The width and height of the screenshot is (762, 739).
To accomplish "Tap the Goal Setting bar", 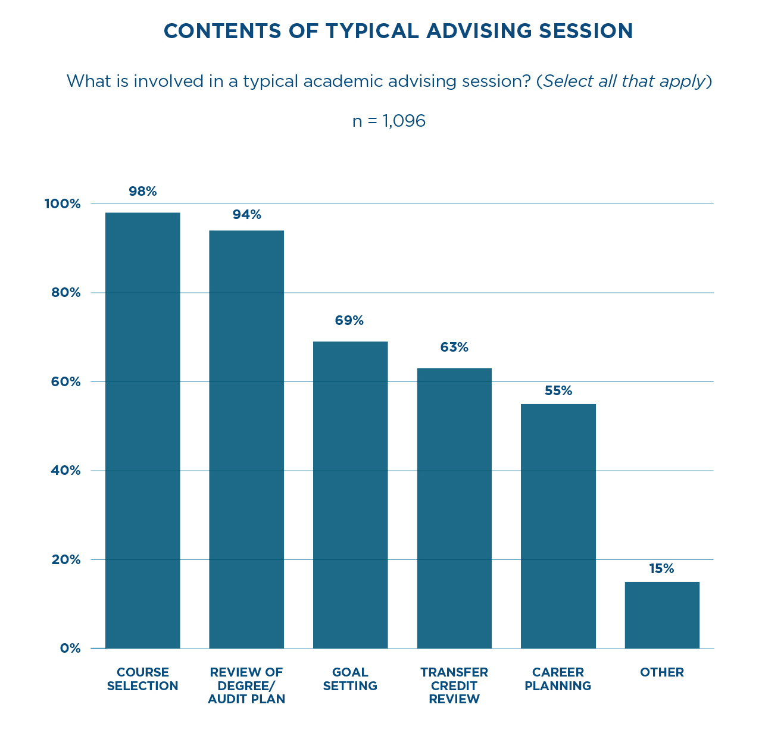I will point(350,494).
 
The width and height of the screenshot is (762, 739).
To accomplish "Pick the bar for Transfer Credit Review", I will point(454,508).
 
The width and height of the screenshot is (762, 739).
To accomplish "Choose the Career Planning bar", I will point(558,526).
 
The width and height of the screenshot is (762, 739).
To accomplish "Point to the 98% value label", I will point(143,192).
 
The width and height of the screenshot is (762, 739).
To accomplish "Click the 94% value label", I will point(247,215).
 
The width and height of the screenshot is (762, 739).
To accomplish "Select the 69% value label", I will point(349,321).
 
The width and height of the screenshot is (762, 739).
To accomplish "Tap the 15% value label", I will point(662,569).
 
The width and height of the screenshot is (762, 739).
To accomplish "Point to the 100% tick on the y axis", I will point(62,204).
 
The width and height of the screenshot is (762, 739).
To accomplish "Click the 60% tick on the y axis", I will point(62,382).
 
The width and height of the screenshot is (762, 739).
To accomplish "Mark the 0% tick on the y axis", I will point(70,649).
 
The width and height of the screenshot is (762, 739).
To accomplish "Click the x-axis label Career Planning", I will point(558,679).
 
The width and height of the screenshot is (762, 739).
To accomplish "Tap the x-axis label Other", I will point(662,672).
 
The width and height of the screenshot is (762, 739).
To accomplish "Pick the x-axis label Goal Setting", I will point(350,679).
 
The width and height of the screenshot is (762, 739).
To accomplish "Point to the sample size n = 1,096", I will point(389,121).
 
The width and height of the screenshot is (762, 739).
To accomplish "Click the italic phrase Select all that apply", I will point(624,81).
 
